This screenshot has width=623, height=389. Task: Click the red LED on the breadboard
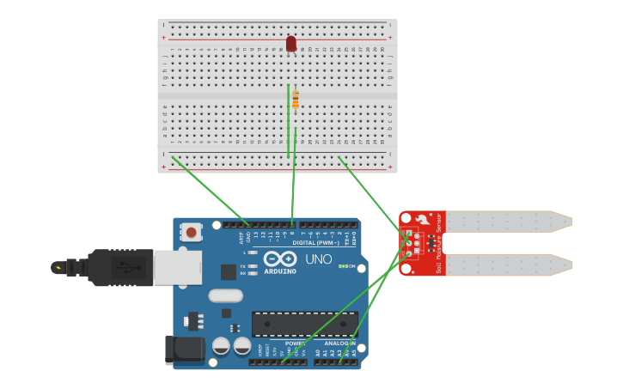[x=291, y=43]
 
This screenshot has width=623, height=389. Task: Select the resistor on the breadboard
[x=296, y=100]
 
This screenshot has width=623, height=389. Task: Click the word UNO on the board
[x=319, y=259]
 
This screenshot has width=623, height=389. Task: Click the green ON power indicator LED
[x=343, y=266]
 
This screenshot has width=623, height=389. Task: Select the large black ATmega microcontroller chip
[x=304, y=324]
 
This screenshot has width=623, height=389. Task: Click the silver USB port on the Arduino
[x=178, y=267]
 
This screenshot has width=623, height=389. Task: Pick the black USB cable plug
[x=120, y=267]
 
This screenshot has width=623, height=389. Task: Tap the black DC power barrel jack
[x=184, y=349]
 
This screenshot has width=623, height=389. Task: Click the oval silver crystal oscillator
[x=226, y=296]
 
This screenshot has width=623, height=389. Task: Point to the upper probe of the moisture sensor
[x=507, y=222]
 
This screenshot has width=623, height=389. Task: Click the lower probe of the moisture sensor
[x=507, y=264]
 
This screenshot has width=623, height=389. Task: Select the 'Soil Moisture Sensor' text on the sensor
[x=438, y=244]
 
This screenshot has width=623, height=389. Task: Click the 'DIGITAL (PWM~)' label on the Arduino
[x=315, y=243]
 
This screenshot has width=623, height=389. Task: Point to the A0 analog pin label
[x=317, y=352]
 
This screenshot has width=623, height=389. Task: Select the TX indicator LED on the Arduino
[x=243, y=266]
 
